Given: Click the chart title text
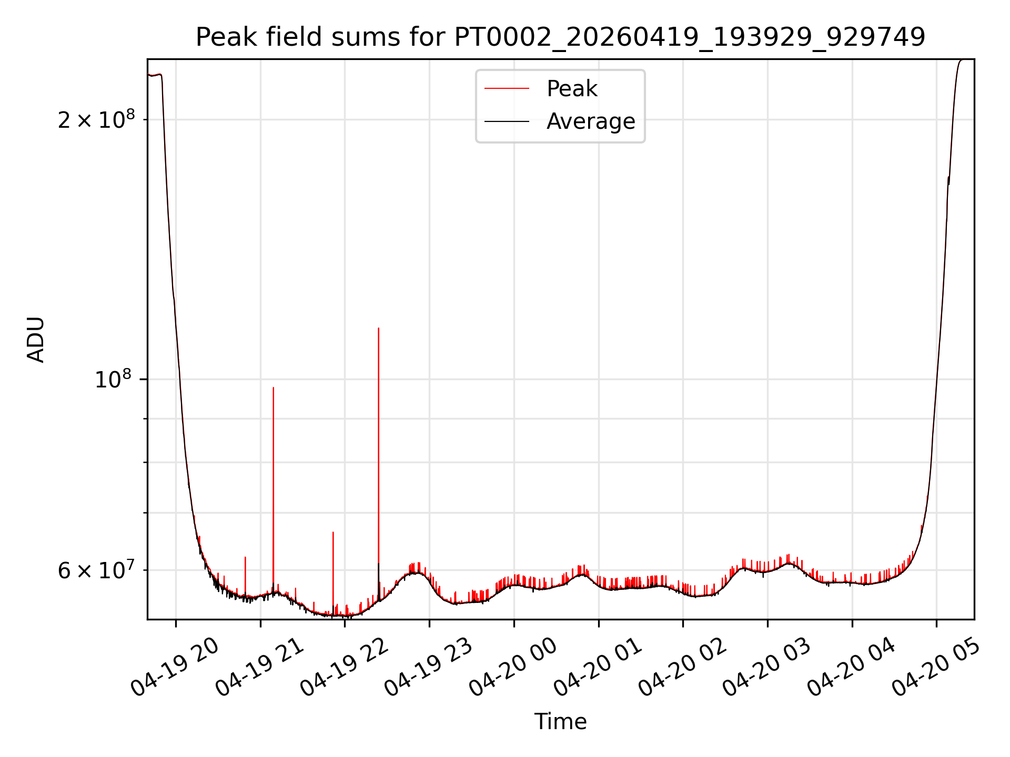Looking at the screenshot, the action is pyautogui.click(x=560, y=37).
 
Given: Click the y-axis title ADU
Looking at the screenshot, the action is pyautogui.click(x=36, y=340).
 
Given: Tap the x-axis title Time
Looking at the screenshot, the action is pyautogui.click(x=560, y=721).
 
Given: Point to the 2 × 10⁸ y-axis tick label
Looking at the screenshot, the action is pyautogui.click(x=96, y=119).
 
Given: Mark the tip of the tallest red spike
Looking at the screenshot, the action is pyautogui.click(x=379, y=328).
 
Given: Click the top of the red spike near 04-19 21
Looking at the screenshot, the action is pyautogui.click(x=274, y=387).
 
